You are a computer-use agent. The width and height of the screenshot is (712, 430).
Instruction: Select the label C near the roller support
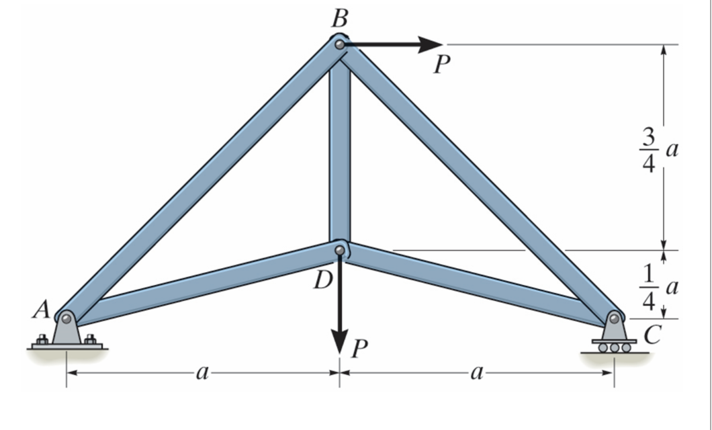coord(649,334)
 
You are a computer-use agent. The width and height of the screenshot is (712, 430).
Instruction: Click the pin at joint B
coord(341,45)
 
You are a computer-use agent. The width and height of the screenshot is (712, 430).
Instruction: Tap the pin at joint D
coord(340,251)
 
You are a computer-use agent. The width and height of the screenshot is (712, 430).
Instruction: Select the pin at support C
coord(615,318)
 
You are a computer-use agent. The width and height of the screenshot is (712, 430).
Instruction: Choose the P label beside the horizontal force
coord(441,64)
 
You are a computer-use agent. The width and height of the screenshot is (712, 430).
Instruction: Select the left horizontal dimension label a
coord(200,372)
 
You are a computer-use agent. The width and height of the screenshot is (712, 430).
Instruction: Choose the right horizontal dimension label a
coord(476,372)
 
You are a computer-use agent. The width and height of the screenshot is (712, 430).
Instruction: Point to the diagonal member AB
coord(202,181)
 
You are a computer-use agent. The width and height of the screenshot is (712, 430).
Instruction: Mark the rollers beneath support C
coord(615,347)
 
